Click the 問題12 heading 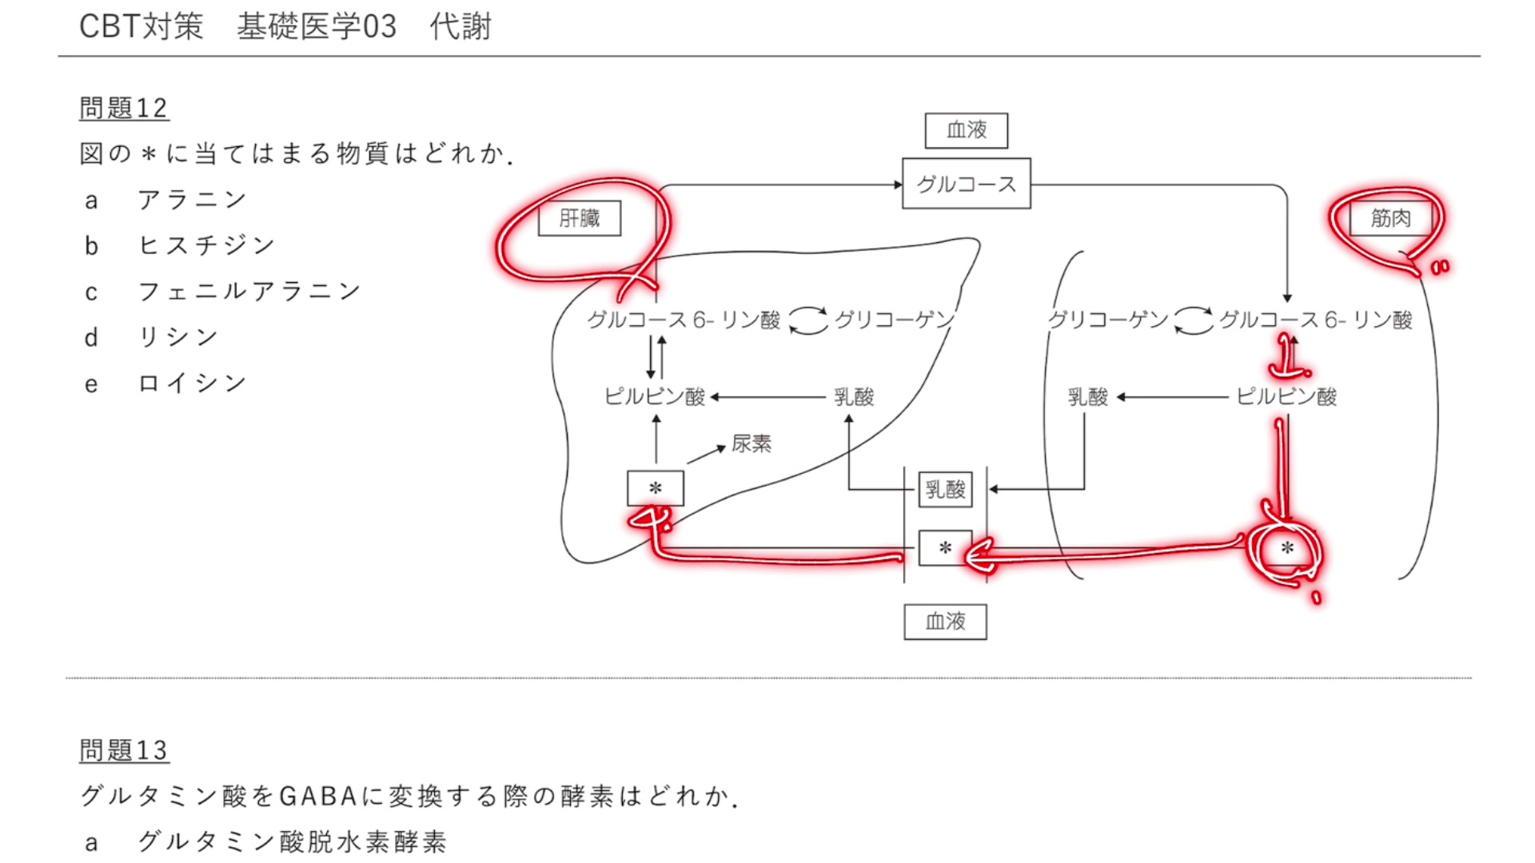pyautogui.click(x=123, y=108)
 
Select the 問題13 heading pyautogui.click(x=123, y=750)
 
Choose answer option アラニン pyautogui.click(x=192, y=200)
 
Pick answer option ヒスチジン pyautogui.click(x=206, y=245)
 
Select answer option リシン pyautogui.click(x=177, y=337)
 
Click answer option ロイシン pyautogui.click(x=192, y=384)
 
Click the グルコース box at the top pyautogui.click(x=966, y=184)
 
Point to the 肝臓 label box pyautogui.click(x=580, y=218)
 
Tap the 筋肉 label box pyautogui.click(x=1390, y=218)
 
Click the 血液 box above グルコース pyautogui.click(x=966, y=130)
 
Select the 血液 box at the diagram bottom pyautogui.click(x=945, y=622)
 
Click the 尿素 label pyautogui.click(x=752, y=444)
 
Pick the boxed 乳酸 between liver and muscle pyautogui.click(x=945, y=489)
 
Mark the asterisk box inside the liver pyautogui.click(x=656, y=488)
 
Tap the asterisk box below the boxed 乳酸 pyautogui.click(x=945, y=548)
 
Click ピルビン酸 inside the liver pyautogui.click(x=655, y=397)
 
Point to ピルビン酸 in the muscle pyautogui.click(x=1286, y=397)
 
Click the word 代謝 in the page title pyautogui.click(x=460, y=27)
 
